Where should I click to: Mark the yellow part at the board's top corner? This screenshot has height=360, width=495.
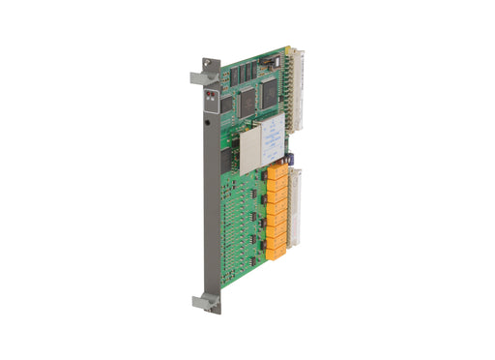287,49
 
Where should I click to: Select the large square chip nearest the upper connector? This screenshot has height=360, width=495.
269,90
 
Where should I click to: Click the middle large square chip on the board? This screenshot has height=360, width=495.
247,98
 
